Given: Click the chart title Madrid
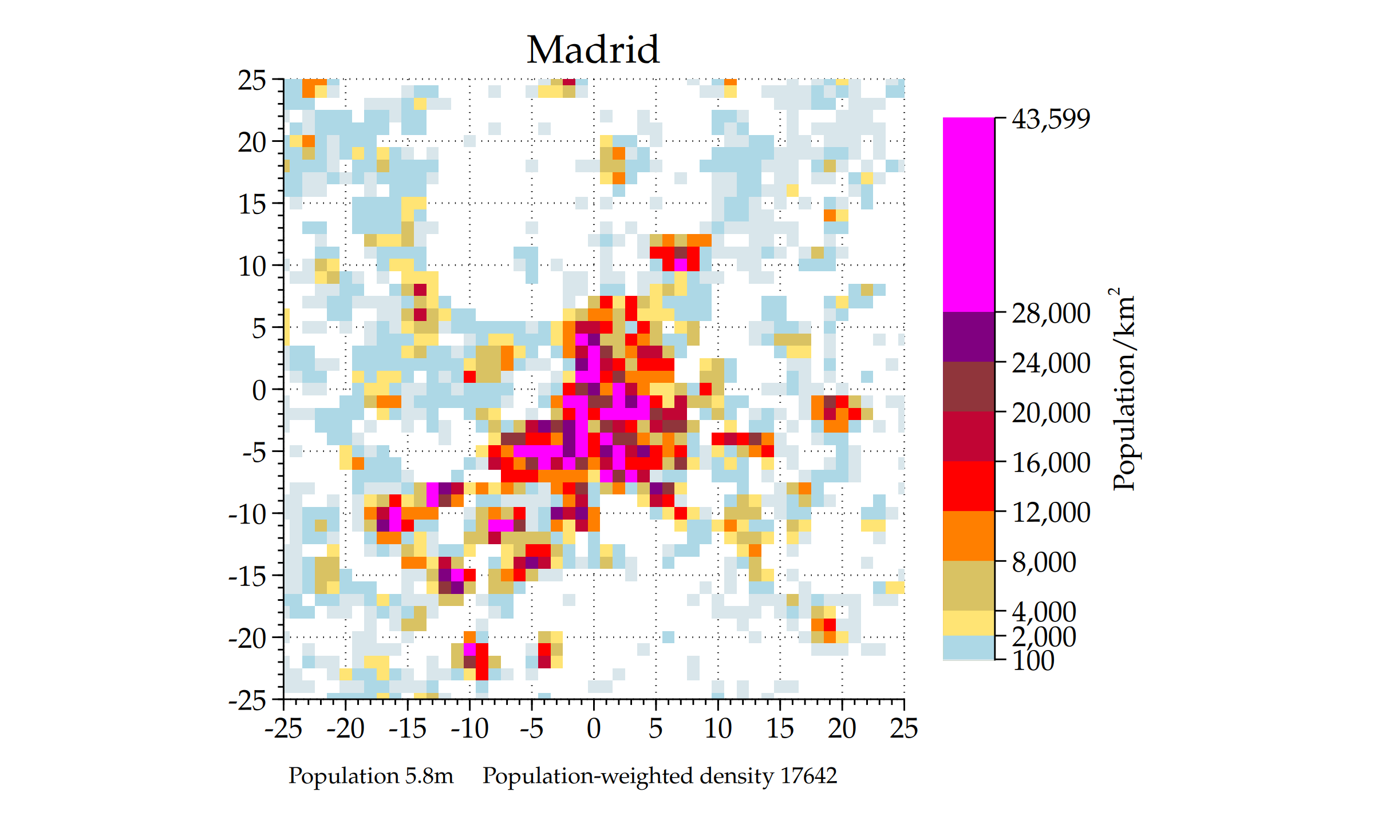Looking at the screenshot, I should (593, 50).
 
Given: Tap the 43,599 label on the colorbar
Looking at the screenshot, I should (1051, 119).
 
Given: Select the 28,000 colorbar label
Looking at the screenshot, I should (1051, 313).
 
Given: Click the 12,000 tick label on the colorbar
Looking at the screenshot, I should (1051, 512).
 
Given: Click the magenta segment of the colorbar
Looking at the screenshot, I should (968, 215).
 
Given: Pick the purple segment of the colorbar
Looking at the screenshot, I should (968, 336).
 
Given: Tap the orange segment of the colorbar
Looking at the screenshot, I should (968, 536).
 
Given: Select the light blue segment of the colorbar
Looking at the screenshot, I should (968, 647).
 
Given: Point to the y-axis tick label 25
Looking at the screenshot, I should (252, 80).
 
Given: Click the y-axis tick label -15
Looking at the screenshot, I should (247, 576).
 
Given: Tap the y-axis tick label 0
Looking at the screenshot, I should (259, 390).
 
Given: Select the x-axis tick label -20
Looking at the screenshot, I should (345, 728).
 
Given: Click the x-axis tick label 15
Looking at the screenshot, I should (780, 728).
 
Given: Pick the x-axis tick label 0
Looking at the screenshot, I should (594, 728).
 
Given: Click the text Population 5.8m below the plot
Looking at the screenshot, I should (370, 776).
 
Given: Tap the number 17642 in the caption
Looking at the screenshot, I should (808, 776).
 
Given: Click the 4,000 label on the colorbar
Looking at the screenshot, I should (1044, 612).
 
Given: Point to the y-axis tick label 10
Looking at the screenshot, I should (252, 266).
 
